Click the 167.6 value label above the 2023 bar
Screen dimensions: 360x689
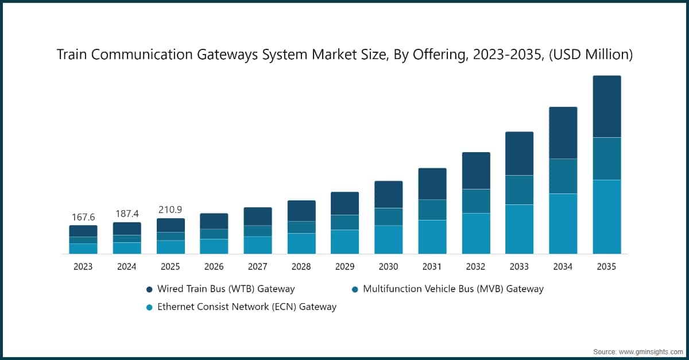click(83, 217)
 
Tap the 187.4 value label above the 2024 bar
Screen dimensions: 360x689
click(127, 214)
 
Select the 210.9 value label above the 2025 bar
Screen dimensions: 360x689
click(171, 210)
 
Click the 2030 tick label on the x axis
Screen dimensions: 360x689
click(389, 267)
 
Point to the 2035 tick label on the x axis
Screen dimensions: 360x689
click(607, 267)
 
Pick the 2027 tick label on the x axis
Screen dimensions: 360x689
click(258, 267)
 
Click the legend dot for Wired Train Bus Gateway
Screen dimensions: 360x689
click(150, 289)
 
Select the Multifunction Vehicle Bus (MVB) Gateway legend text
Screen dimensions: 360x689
click(453, 289)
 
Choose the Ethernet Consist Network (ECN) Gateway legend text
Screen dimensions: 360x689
click(247, 307)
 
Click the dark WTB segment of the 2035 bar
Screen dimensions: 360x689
click(607, 106)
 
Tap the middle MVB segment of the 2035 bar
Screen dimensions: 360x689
click(607, 158)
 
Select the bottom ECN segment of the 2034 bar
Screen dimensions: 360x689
click(563, 223)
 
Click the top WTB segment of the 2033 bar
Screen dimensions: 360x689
click(520, 153)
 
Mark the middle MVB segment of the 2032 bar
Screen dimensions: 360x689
click(476, 201)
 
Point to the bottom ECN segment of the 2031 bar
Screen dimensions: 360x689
click(432, 237)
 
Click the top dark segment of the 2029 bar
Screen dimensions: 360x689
click(345, 203)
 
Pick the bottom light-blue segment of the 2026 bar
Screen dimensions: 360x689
click(214, 246)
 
